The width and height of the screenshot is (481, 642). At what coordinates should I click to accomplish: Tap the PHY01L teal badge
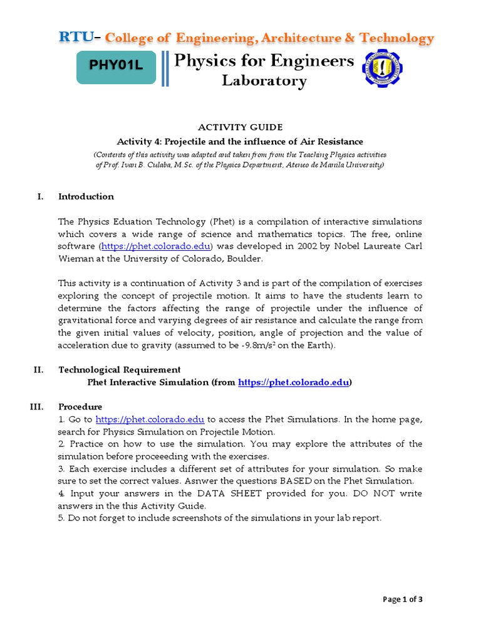click(116, 67)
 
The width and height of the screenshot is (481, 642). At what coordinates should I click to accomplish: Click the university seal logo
click(383, 69)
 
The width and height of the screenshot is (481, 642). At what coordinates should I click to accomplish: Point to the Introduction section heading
click(86, 196)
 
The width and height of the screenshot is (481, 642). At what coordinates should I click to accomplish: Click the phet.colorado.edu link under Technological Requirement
click(294, 382)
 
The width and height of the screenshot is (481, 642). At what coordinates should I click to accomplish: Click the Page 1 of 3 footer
click(403, 599)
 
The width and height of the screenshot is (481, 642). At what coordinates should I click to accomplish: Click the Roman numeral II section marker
click(38, 369)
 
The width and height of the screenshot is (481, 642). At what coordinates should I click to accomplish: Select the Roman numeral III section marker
click(36, 406)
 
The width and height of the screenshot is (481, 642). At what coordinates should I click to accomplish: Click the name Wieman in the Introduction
click(76, 258)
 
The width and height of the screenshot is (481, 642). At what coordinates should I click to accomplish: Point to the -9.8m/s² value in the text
click(275, 345)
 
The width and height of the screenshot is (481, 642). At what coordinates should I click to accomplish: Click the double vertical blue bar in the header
click(165, 68)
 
